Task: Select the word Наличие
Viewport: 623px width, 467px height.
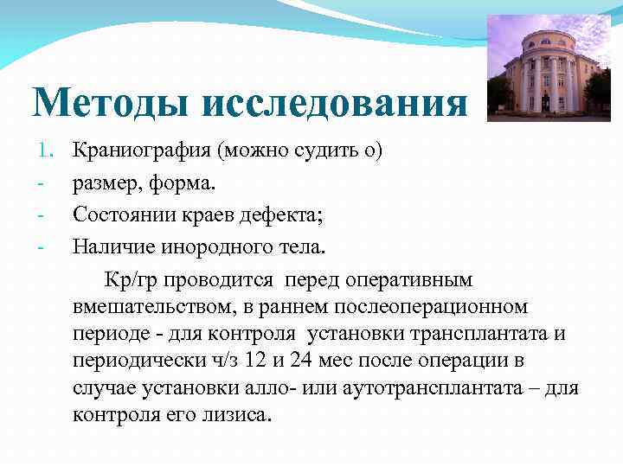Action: click(x=108, y=248)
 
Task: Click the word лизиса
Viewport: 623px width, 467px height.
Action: click(x=243, y=415)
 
